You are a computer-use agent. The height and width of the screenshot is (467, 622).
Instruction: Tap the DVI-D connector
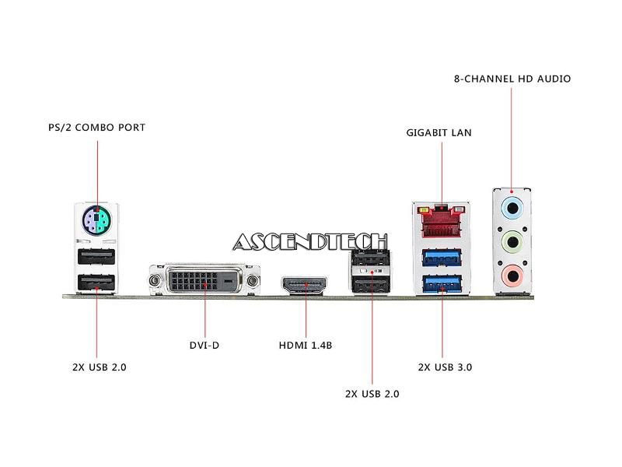204,279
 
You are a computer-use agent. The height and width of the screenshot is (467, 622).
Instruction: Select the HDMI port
306,286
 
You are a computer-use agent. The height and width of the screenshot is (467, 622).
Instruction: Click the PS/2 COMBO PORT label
96,127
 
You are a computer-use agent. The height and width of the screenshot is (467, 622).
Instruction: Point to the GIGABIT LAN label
439,132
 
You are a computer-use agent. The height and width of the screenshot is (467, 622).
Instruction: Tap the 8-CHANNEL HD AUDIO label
512,79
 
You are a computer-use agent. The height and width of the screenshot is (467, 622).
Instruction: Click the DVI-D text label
204,345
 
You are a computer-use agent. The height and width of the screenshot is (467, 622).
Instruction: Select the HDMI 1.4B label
306,345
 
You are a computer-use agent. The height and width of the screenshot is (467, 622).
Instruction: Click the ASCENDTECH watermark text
309,242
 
